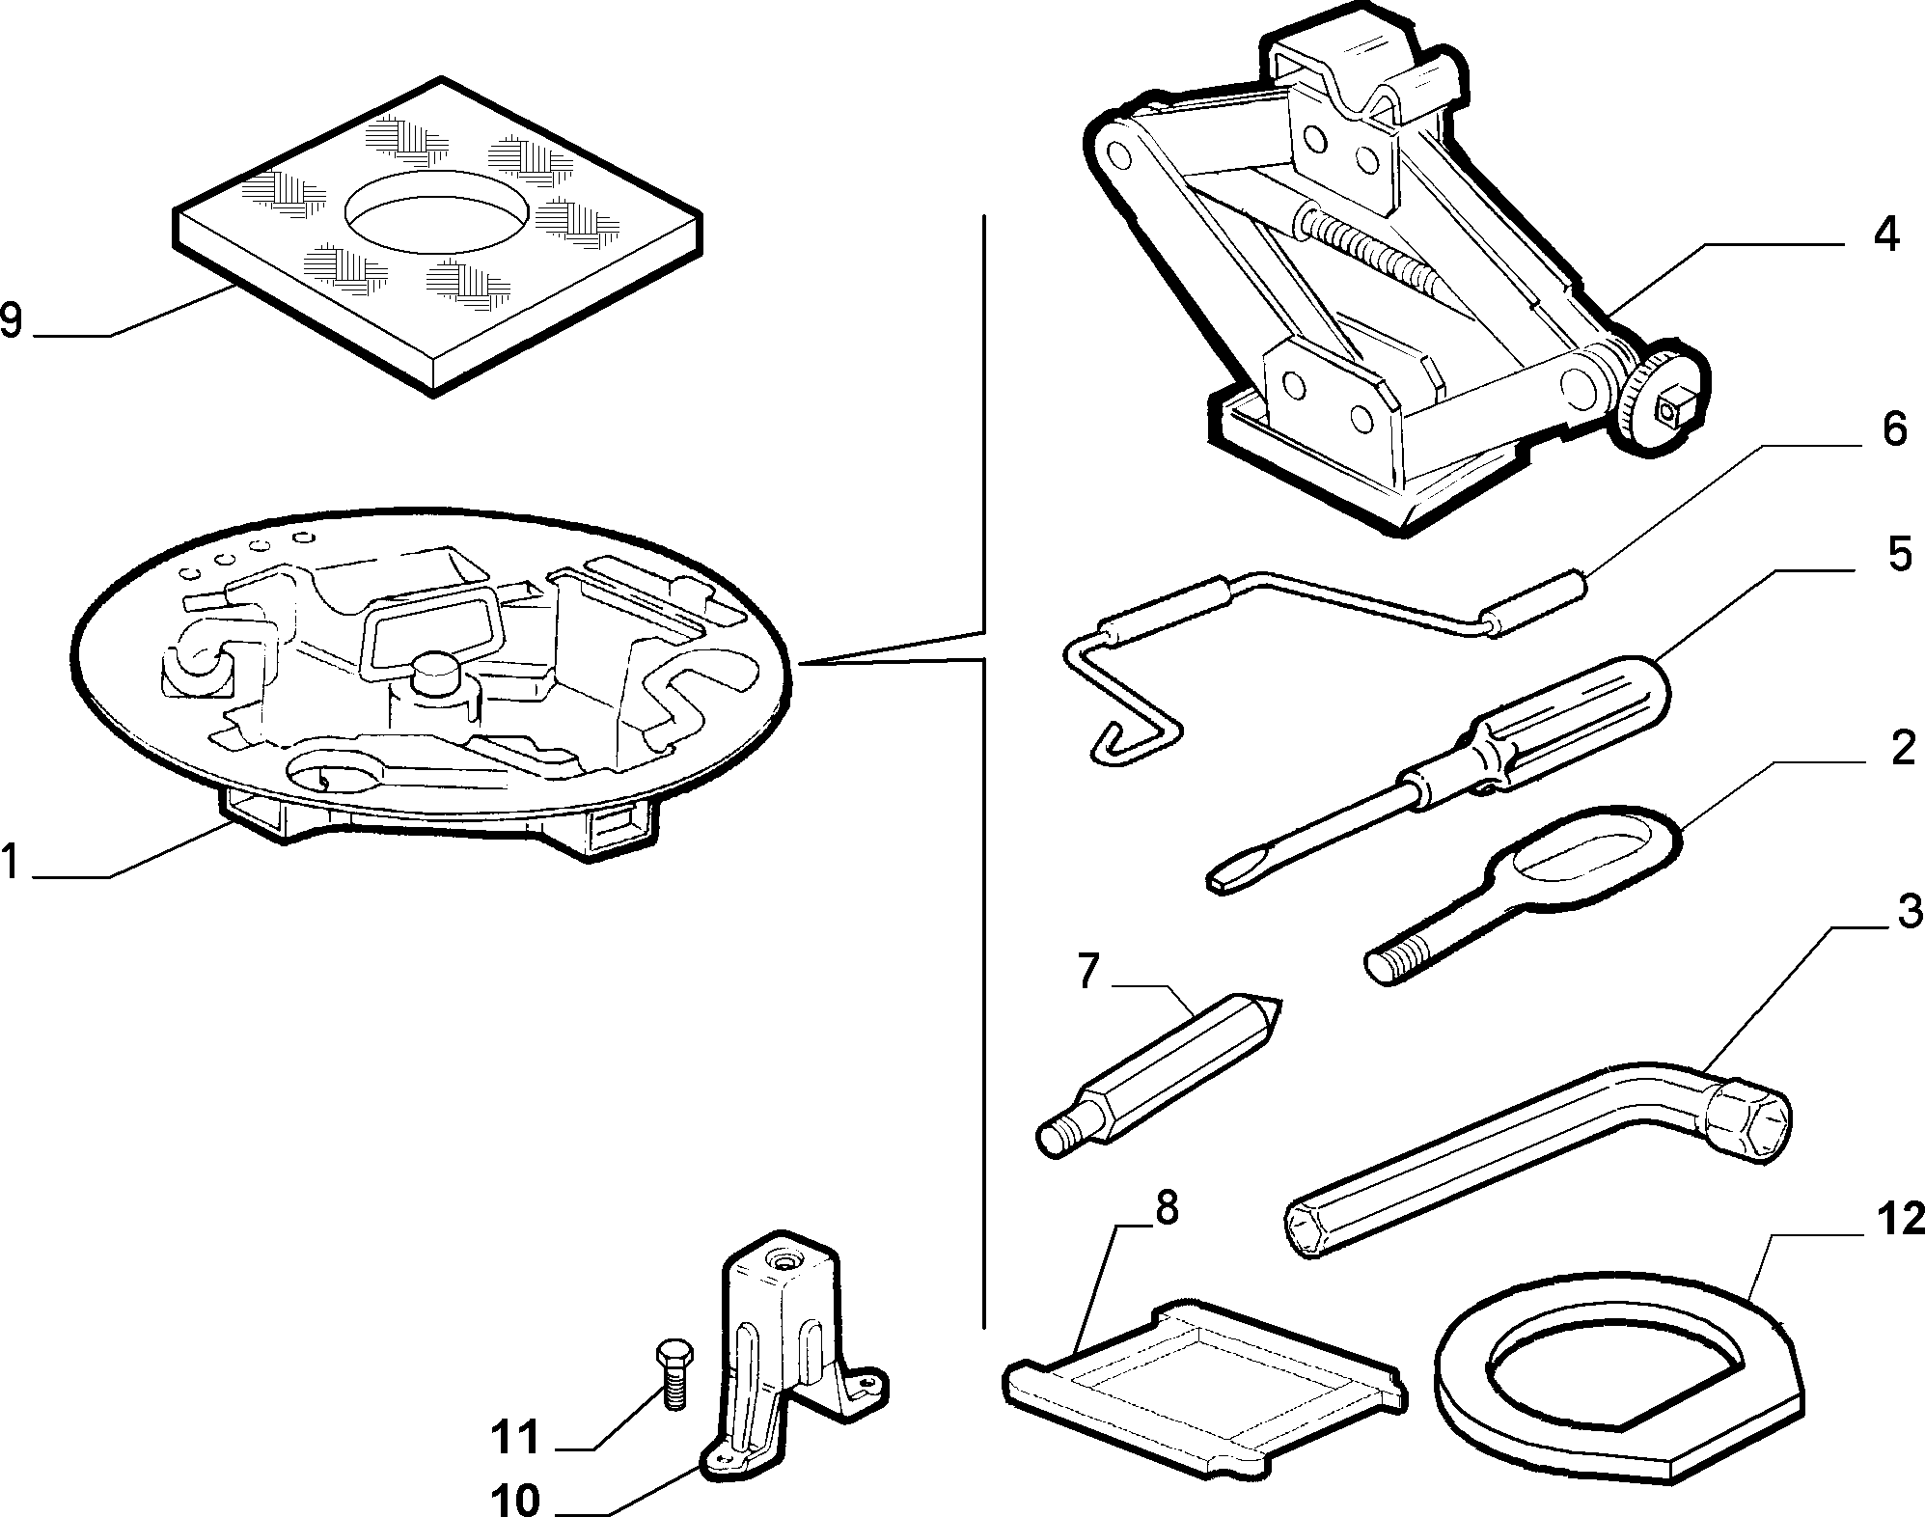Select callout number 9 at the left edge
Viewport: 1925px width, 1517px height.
click(12, 319)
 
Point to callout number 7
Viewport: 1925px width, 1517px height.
click(1088, 972)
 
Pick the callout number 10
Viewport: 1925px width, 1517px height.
click(515, 1500)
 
